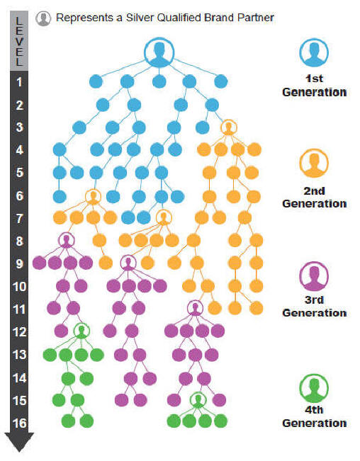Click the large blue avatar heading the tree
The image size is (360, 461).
tap(159, 52)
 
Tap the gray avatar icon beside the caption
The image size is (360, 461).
tap(43, 18)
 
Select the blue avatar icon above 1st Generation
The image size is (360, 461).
tap(314, 52)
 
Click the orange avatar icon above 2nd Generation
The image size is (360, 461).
tap(314, 163)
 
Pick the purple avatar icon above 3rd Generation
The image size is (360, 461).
tap(314, 276)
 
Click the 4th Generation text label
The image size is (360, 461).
tap(315, 416)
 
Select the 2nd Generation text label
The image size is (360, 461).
tap(315, 197)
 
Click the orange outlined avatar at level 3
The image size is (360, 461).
tap(228, 127)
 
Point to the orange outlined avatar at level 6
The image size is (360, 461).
tap(94, 196)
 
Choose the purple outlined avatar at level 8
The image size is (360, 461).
tap(67, 240)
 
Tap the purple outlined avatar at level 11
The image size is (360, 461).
tap(195, 308)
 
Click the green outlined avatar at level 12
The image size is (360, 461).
tap(81, 331)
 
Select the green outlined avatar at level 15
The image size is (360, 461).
tap(198, 400)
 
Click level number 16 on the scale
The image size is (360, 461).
tap(19, 423)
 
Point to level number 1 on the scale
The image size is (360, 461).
tap(19, 82)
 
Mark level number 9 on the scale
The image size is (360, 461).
tap(19, 263)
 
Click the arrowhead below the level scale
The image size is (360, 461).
tap(19, 442)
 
